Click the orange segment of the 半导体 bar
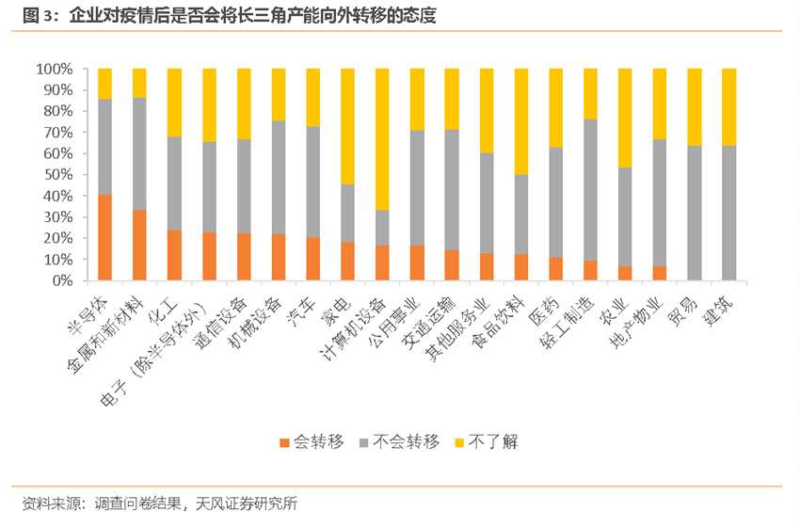click(x=105, y=237)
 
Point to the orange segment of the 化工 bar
click(x=174, y=255)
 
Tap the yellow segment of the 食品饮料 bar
click(x=521, y=121)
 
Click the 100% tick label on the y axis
click(x=54, y=69)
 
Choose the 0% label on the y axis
click(x=61, y=280)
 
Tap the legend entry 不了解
click(x=490, y=441)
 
